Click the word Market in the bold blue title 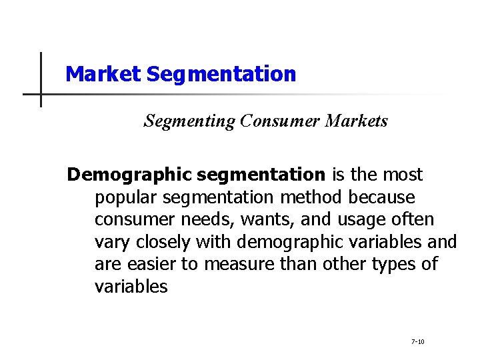tap(103, 74)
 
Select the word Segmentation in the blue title tap(221, 74)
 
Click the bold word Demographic tap(129, 175)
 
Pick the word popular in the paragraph tap(126, 197)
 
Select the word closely tap(159, 241)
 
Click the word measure tap(236, 263)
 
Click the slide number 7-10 tap(418, 342)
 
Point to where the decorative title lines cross tap(41, 94)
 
